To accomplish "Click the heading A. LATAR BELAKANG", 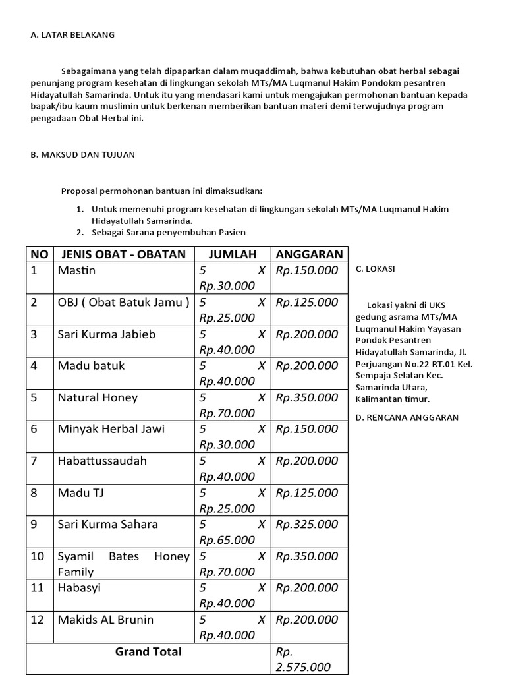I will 72,35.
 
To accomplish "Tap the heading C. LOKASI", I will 376,269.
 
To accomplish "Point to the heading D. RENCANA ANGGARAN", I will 407,417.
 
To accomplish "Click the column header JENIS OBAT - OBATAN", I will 124,254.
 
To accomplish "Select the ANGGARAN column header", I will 309,254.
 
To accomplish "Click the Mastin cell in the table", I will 76,270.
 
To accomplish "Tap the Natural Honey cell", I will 98,397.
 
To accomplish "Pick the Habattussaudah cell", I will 102,461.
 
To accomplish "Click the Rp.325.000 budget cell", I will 307,525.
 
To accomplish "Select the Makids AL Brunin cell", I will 105,620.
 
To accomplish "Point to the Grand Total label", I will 148,651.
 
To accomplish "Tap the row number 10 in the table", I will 38,556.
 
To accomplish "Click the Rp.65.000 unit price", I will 227,540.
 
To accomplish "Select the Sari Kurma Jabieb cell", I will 106,334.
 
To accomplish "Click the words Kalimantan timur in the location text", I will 392,399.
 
